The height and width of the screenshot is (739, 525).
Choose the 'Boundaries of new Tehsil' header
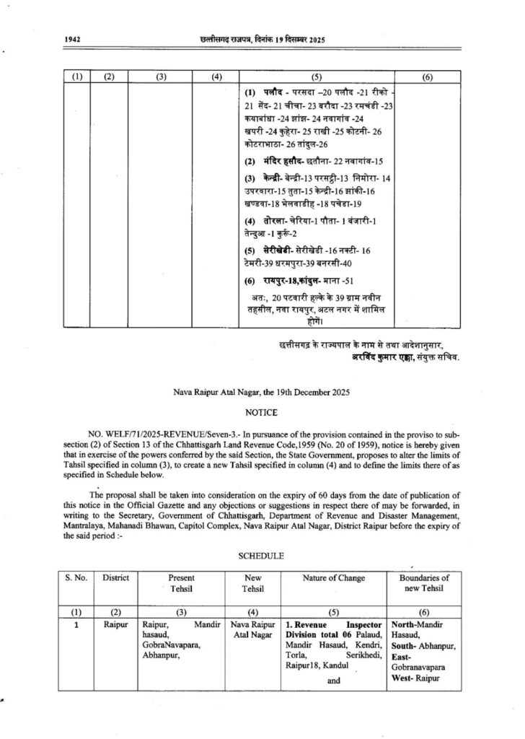click(x=423, y=583)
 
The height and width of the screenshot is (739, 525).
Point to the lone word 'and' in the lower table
click(x=332, y=679)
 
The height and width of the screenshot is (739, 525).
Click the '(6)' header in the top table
click(x=427, y=76)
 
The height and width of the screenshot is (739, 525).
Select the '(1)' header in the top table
click(x=75, y=76)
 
